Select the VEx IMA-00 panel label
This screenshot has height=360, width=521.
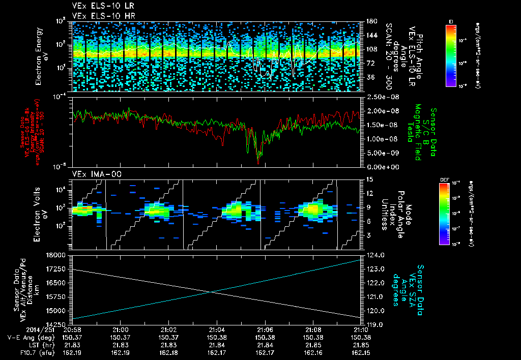92,174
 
